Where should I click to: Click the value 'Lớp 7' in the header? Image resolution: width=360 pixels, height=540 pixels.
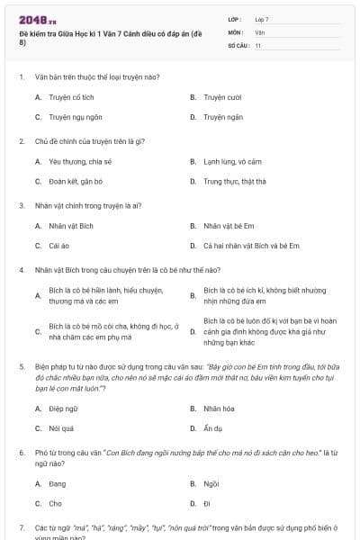pyautogui.click(x=262, y=19)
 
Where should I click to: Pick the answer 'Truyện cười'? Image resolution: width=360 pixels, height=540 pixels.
pyautogui.click(x=220, y=96)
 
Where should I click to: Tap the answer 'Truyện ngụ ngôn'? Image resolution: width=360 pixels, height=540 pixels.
pyautogui.click(x=76, y=117)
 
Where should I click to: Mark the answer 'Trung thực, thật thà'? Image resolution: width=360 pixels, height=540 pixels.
pyautogui.click(x=235, y=181)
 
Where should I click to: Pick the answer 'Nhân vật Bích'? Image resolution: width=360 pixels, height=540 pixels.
pyautogui.click(x=71, y=225)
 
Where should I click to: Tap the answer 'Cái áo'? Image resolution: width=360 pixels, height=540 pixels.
pyautogui.click(x=59, y=246)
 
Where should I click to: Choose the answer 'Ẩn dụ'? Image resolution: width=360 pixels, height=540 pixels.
pyautogui.click(x=213, y=428)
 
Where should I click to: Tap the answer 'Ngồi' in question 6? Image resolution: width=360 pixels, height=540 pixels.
pyautogui.click(x=211, y=483)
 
